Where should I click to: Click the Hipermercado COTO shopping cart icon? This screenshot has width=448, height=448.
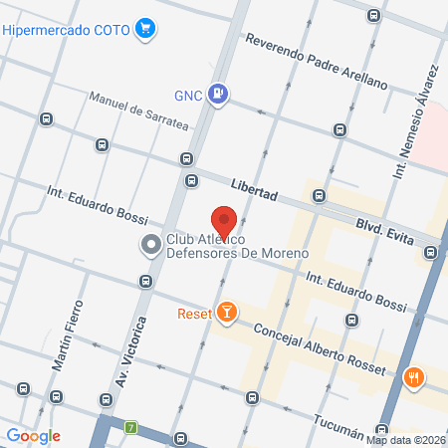[146, 29]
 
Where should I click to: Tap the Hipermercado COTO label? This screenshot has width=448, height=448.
[67, 30]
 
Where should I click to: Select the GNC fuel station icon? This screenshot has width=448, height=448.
[220, 95]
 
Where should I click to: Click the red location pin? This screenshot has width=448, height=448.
[224, 222]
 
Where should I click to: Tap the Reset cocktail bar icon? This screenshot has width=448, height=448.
[228, 314]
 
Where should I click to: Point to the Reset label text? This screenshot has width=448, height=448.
[194, 314]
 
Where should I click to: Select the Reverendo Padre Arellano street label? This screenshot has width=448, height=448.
[316, 63]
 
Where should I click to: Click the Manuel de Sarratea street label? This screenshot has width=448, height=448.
[138, 111]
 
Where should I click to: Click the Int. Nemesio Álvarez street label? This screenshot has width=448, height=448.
[415, 124]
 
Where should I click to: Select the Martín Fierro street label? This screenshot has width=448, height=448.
[68, 334]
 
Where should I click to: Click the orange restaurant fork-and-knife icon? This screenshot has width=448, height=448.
[413, 378]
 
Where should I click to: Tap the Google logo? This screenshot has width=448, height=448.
[33, 435]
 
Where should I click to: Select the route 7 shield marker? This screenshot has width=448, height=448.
[130, 428]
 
